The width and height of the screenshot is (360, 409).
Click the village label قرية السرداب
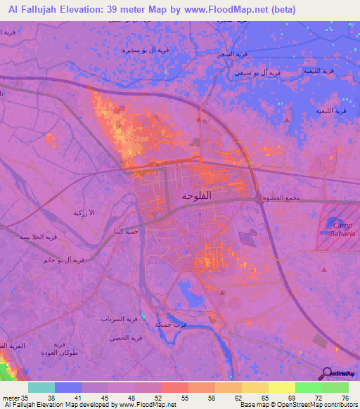click(x=129, y=318)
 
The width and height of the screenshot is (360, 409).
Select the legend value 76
click(x=344, y=397)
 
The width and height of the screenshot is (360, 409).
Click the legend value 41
click(x=94, y=397)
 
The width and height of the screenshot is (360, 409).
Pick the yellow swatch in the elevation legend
click(x=281, y=387)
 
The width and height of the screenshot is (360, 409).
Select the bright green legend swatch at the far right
click(x=335, y=387)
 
